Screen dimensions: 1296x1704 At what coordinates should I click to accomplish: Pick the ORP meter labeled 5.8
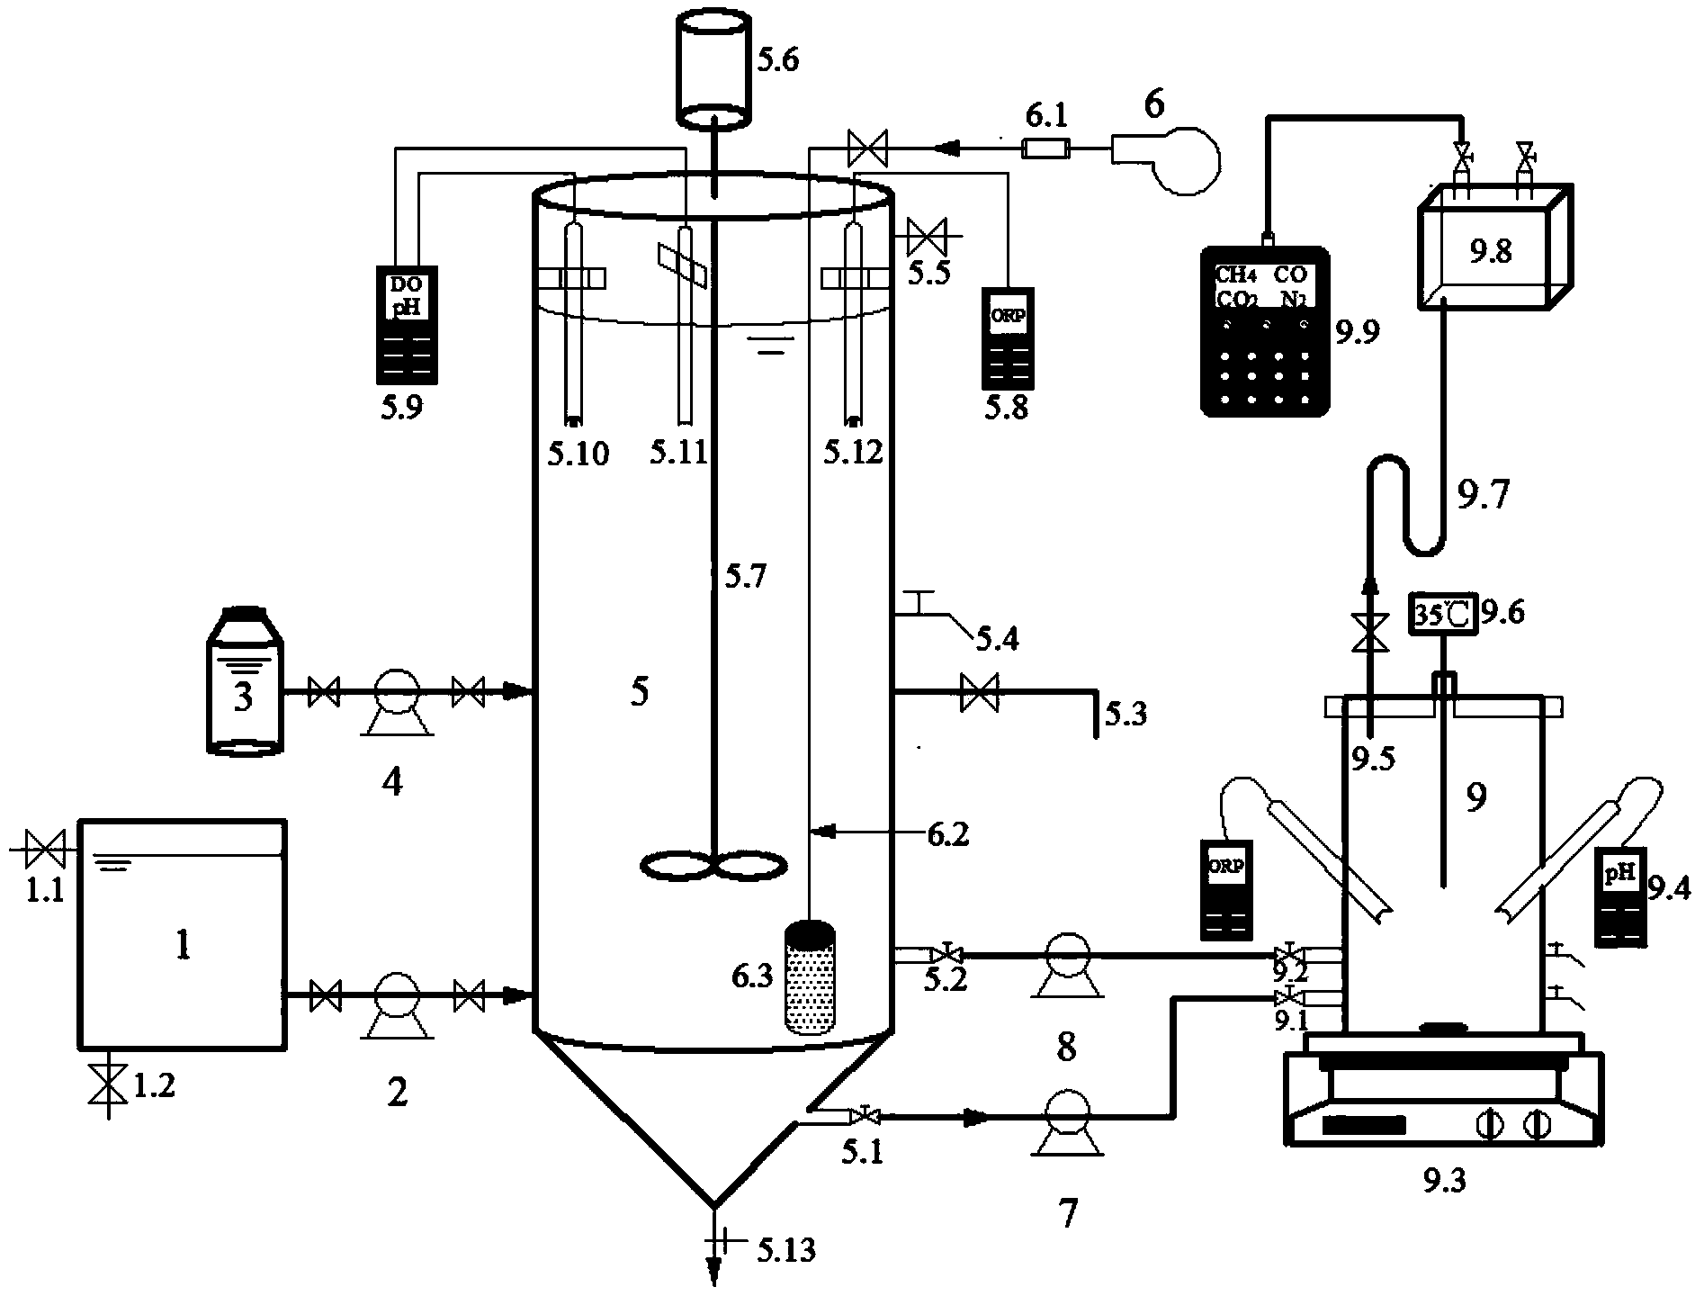coord(1007,338)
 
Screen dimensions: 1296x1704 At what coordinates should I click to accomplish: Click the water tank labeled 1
coord(183,932)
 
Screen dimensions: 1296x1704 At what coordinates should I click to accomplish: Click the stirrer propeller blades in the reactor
coord(713,865)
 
